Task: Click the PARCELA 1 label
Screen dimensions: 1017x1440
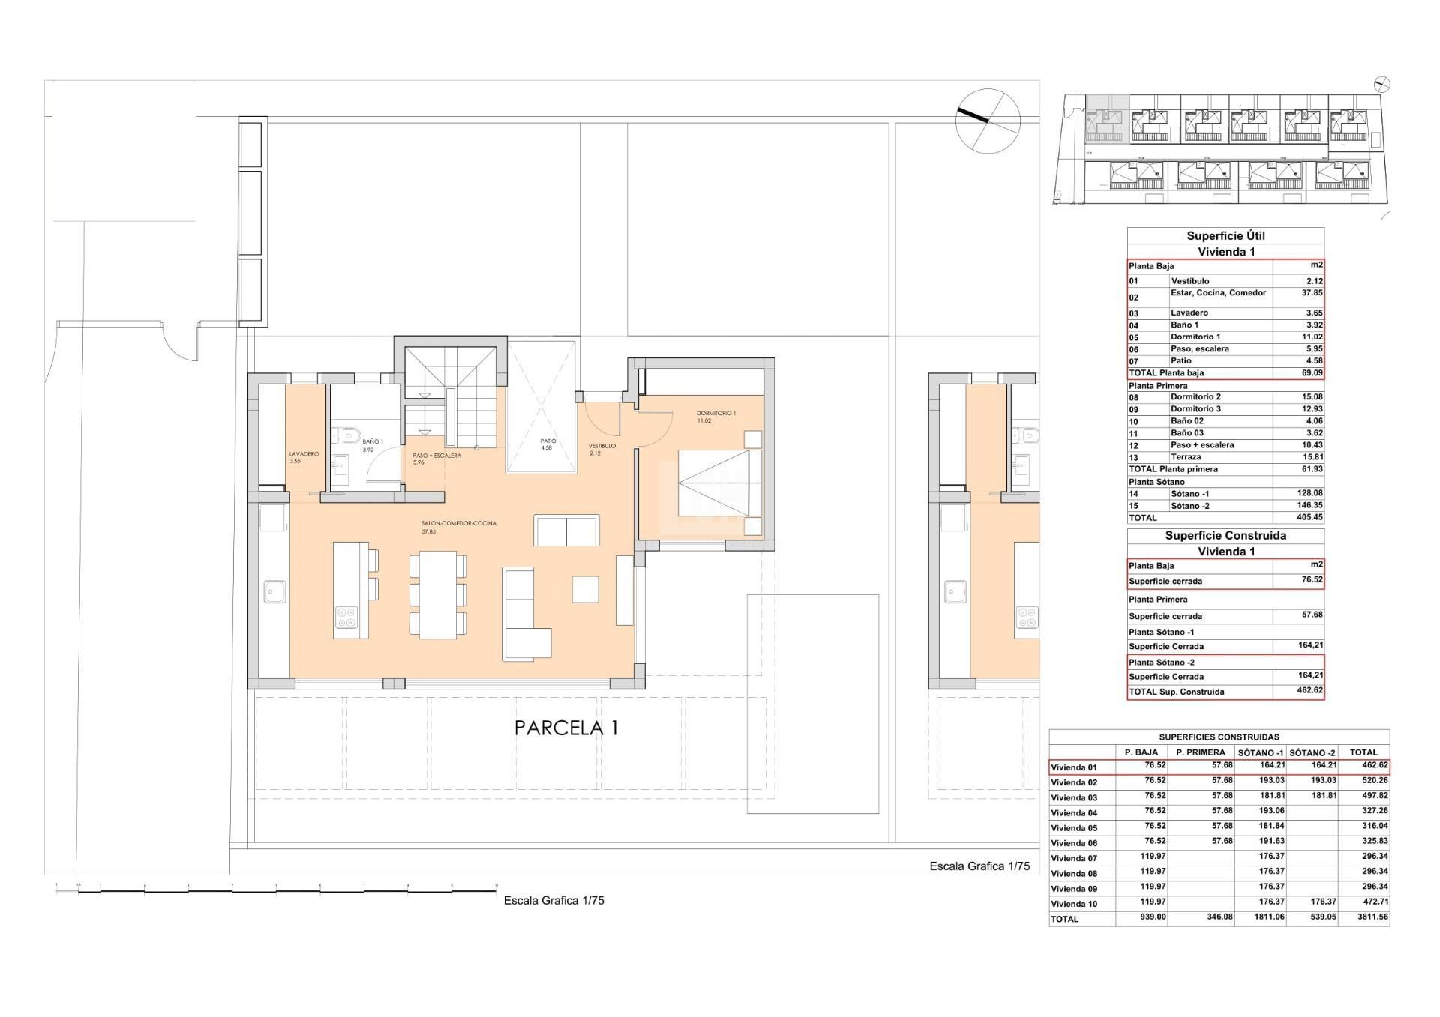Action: click(x=566, y=728)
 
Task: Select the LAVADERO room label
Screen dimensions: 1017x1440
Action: click(x=304, y=454)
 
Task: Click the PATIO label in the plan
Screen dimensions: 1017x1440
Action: click(x=548, y=441)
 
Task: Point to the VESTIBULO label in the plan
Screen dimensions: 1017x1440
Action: click(x=601, y=446)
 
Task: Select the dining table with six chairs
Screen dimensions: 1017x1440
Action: click(x=437, y=594)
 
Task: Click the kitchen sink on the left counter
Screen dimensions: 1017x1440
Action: click(x=271, y=591)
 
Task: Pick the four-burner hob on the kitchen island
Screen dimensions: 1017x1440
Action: click(x=346, y=617)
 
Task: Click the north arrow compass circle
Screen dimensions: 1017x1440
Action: click(x=988, y=120)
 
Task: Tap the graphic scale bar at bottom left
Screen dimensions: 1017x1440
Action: click(x=276, y=889)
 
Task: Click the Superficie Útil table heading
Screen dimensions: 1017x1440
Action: click(x=1225, y=236)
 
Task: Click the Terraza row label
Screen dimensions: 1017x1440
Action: click(x=1186, y=457)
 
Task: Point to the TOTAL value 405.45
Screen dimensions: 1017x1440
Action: click(x=1309, y=518)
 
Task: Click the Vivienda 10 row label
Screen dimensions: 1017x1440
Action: click(x=1074, y=904)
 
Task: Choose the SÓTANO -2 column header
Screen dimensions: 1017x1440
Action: click(x=1312, y=752)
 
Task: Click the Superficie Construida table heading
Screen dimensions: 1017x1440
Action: click(x=1225, y=536)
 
